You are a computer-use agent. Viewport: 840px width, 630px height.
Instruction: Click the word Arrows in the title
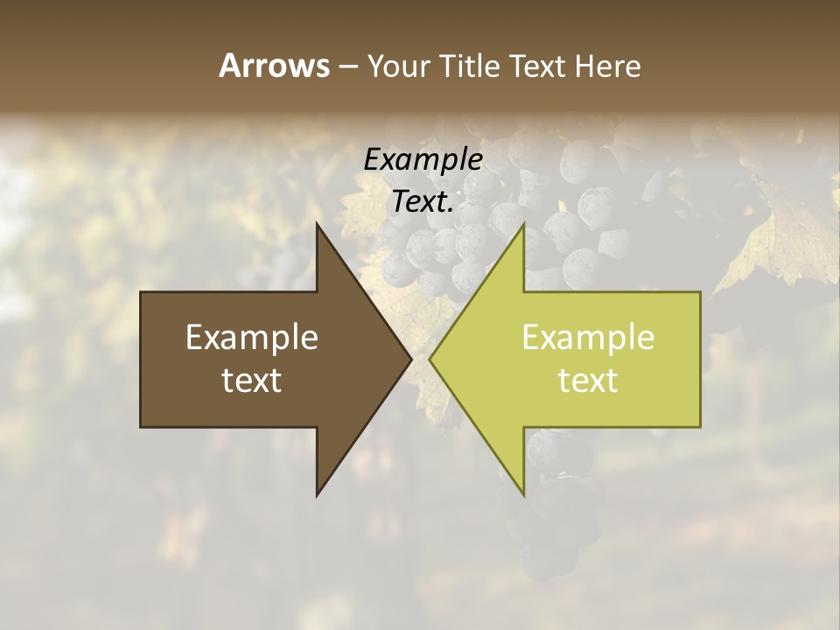(x=273, y=66)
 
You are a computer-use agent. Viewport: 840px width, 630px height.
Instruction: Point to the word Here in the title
(x=607, y=66)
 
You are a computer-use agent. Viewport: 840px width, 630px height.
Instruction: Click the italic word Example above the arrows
(x=423, y=160)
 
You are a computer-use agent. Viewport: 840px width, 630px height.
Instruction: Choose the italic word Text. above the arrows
(x=423, y=202)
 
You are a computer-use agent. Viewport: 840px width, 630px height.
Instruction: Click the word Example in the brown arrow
(x=252, y=338)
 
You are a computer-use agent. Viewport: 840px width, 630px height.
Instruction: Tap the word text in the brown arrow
(x=252, y=380)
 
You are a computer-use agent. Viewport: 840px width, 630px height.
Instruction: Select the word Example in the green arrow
(x=588, y=338)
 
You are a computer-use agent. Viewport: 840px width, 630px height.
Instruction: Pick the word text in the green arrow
(x=588, y=380)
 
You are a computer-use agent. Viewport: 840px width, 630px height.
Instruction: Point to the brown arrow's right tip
(x=411, y=360)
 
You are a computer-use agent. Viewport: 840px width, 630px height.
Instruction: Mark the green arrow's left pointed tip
(x=430, y=360)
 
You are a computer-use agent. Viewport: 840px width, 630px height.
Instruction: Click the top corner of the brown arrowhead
(x=317, y=225)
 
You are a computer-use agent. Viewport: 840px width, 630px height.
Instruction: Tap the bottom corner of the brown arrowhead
(x=317, y=495)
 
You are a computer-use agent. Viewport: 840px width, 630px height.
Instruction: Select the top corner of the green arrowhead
(x=523, y=225)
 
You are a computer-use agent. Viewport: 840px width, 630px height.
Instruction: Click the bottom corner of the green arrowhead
(x=523, y=495)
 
